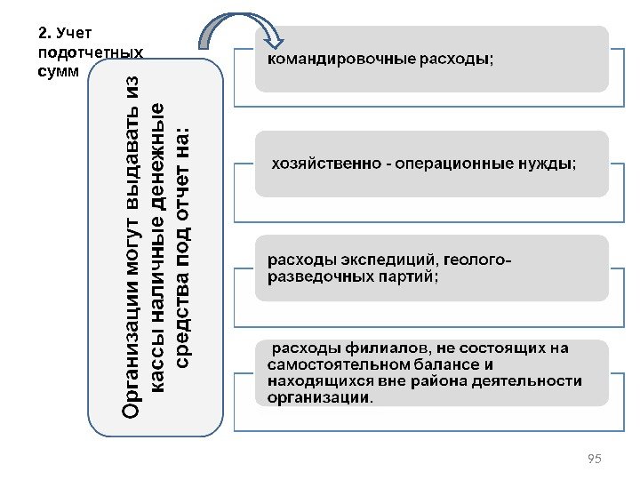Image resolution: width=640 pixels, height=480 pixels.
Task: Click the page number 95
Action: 595,458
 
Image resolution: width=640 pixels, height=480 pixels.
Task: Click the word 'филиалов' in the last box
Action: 372,348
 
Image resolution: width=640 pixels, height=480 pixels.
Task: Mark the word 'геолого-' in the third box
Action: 477,260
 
